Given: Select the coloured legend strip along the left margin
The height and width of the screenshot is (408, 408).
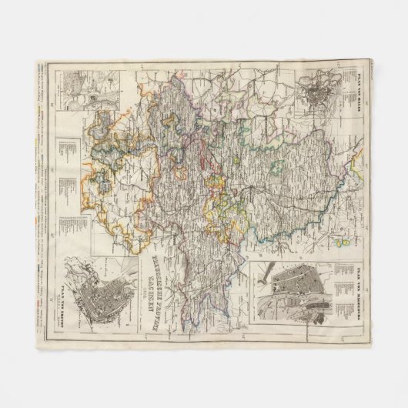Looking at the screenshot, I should (x=40, y=192).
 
